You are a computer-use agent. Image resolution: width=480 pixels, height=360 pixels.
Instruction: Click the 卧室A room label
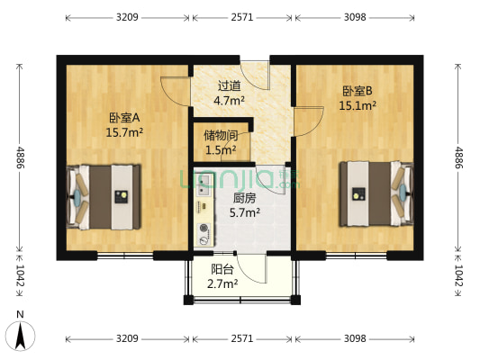(125, 117)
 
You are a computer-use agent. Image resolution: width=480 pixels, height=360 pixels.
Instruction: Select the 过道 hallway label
(229, 86)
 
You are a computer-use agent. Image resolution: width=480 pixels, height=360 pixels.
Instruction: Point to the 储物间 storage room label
(221, 136)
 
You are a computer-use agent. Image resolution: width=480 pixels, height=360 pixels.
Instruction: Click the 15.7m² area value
(125, 132)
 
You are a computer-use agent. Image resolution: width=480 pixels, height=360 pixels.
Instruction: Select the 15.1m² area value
(358, 105)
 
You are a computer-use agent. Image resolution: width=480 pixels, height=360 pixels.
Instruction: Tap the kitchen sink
(203, 184)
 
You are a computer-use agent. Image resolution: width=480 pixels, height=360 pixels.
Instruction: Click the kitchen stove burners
(203, 232)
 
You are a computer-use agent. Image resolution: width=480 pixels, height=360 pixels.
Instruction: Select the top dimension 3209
(125, 16)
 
